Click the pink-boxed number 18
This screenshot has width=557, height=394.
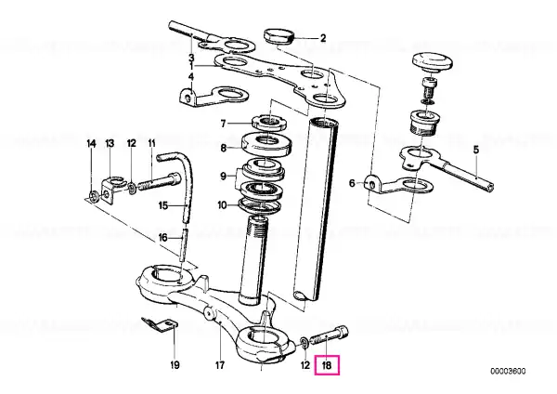(327, 365)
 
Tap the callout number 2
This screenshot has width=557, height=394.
(323, 38)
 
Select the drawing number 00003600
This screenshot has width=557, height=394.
(508, 372)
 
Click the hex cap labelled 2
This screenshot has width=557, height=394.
(278, 35)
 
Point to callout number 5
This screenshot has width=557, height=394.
(476, 150)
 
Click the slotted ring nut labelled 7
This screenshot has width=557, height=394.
(269, 122)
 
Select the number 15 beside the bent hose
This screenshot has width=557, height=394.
(162, 205)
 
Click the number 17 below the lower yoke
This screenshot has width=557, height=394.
(220, 365)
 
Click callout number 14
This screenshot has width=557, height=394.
(91, 144)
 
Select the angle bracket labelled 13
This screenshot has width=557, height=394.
(112, 190)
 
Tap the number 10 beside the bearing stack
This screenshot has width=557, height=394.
(222, 205)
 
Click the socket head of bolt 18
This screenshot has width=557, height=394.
(342, 332)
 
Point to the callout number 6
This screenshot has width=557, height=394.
(352, 183)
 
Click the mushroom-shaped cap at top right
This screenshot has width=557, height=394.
(433, 61)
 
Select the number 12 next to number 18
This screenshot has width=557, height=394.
(305, 365)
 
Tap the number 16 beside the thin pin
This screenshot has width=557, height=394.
(162, 237)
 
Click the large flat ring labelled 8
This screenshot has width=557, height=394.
(267, 144)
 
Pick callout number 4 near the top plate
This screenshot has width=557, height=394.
(191, 76)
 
